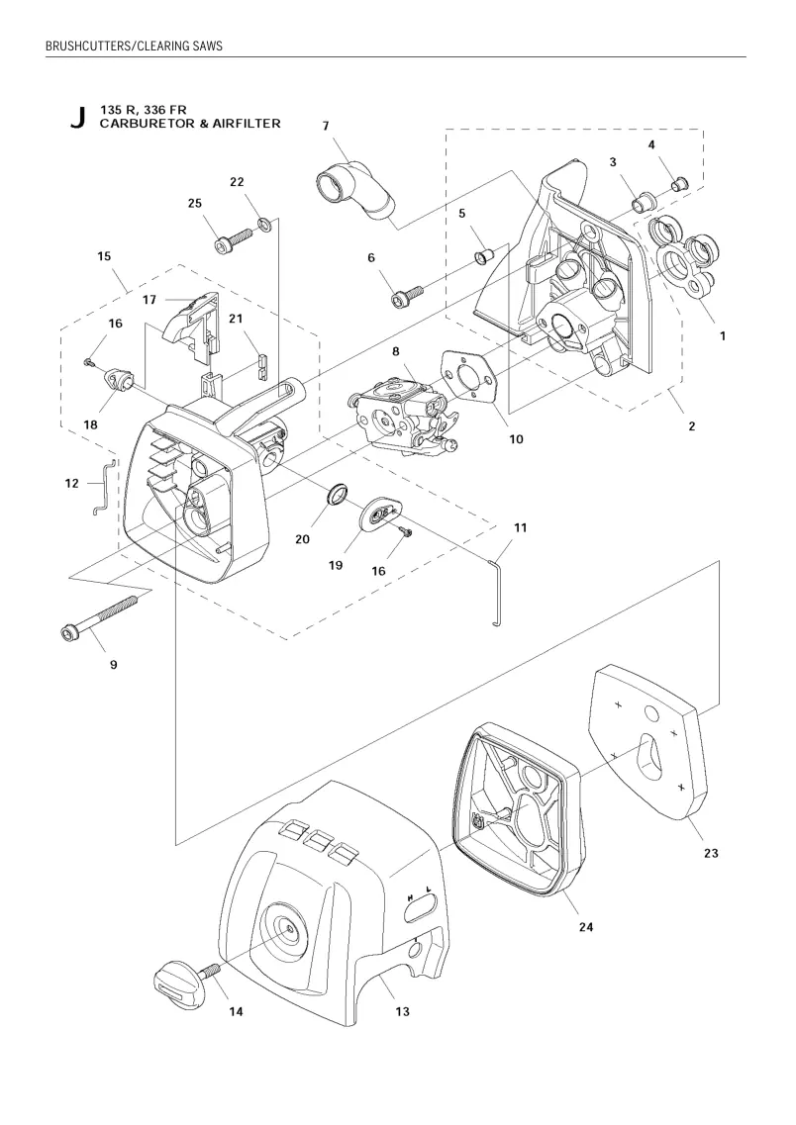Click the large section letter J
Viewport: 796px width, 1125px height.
[x=78, y=117]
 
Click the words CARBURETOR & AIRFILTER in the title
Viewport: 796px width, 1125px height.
[x=190, y=124]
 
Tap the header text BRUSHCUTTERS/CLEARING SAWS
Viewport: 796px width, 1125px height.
[x=135, y=46]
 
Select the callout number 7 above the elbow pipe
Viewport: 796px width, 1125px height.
[x=326, y=127]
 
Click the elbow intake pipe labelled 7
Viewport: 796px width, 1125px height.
[x=356, y=191]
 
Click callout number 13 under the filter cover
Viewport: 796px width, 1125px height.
[x=402, y=1011]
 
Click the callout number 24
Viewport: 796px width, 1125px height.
[x=586, y=927]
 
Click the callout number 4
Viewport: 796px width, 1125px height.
[x=651, y=144]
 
